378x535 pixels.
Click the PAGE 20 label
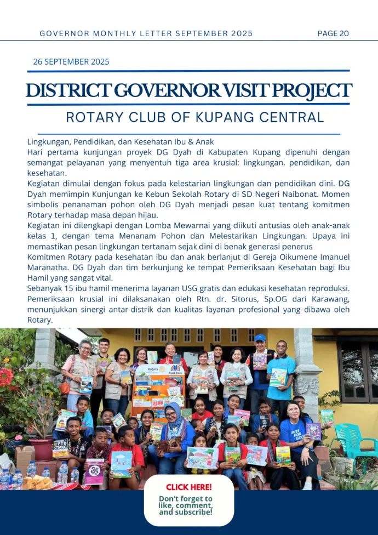click(333, 33)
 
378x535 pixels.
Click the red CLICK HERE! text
click(188, 487)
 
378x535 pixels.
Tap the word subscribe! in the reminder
click(194, 513)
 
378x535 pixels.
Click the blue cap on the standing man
click(260, 338)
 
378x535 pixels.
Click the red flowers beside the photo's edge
click(7, 378)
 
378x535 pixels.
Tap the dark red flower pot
click(42, 448)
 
